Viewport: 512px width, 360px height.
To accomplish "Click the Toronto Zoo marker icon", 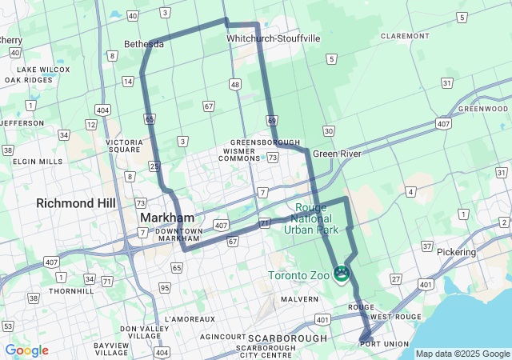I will point(342,275).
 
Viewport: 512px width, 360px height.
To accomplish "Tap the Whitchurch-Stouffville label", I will point(273,38).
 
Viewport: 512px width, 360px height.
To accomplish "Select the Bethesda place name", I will point(144,44).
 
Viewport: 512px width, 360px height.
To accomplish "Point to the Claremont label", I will point(406,36).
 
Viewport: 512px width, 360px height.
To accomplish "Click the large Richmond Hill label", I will point(76,203).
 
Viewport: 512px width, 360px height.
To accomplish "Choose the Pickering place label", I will point(456,252).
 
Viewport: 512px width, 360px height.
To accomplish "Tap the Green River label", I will point(337,153).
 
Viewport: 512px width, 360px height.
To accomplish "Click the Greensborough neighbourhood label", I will point(265,142).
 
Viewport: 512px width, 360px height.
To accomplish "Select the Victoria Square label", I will point(125,147).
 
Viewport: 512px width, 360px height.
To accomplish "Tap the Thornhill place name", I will point(71,291).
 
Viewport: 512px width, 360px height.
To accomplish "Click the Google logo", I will point(26,350).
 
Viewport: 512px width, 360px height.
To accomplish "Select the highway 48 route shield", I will point(234,84).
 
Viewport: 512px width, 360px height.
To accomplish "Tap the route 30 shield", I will point(328,130).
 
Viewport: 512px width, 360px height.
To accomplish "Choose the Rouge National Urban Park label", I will point(311,218).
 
